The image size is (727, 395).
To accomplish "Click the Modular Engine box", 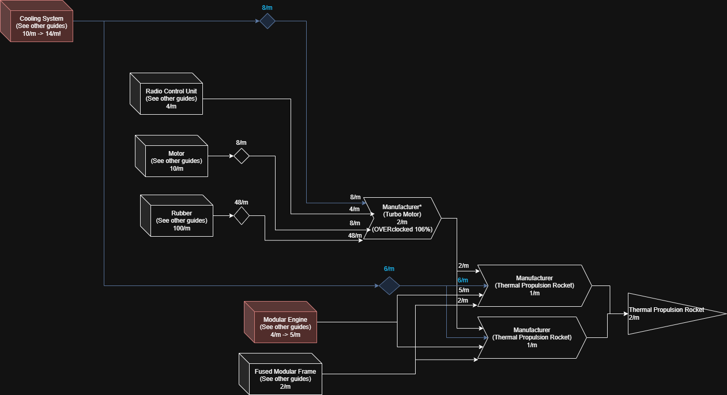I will [x=285, y=327].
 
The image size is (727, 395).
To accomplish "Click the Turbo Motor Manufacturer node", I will [x=402, y=218].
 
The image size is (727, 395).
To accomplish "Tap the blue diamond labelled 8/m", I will [x=267, y=21].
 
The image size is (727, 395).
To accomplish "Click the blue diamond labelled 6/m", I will [x=389, y=285].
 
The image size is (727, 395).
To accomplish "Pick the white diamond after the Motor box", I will [x=241, y=156].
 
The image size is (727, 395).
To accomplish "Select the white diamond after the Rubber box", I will [x=241, y=215].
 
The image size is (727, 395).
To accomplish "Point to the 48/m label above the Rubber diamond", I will [x=241, y=202].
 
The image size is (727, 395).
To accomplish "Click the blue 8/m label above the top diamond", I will [x=267, y=8].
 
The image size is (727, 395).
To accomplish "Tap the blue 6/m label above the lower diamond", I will [x=389, y=269].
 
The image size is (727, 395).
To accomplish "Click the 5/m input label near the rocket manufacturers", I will [x=463, y=290].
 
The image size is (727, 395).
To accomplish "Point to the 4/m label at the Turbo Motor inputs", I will [x=354, y=209].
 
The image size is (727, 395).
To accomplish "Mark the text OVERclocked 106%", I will [x=402, y=229].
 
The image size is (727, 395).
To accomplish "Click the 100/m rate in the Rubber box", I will [x=181, y=228].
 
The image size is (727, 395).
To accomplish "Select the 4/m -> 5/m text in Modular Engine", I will [x=285, y=335].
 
